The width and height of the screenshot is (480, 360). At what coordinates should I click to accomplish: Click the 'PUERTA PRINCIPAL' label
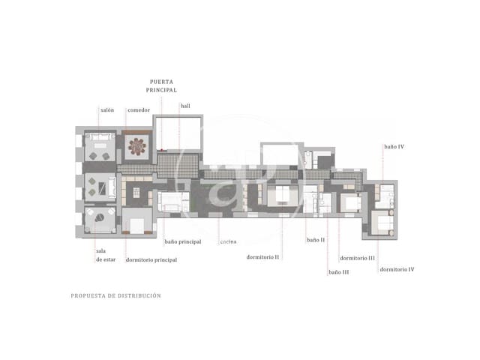tap(163, 85)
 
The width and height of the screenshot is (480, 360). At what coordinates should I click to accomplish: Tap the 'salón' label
tap(106, 110)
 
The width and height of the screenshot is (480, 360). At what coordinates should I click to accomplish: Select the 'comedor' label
tap(138, 110)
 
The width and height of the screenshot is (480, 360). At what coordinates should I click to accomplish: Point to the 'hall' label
tap(185, 106)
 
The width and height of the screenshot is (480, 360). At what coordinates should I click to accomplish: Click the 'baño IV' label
tap(394, 147)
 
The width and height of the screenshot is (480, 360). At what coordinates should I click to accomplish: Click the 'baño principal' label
tap(183, 241)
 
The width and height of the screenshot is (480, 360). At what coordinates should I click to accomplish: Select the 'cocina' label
tap(229, 241)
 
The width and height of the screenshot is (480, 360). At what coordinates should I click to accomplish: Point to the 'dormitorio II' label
tap(263, 256)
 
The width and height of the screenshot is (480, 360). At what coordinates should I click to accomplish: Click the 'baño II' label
tap(316, 240)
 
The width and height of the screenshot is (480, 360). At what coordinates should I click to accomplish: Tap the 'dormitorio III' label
tap(357, 257)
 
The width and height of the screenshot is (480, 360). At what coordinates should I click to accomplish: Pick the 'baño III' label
tap(339, 272)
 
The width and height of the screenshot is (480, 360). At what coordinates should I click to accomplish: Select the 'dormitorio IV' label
tap(397, 268)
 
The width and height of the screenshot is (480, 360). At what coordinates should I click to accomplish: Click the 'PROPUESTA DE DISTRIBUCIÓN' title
tap(115, 295)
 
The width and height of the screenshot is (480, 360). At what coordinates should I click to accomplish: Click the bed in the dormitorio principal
tap(137, 222)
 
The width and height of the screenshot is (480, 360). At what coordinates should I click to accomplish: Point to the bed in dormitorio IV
tap(383, 223)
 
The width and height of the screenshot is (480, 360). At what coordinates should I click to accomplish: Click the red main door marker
tap(162, 151)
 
